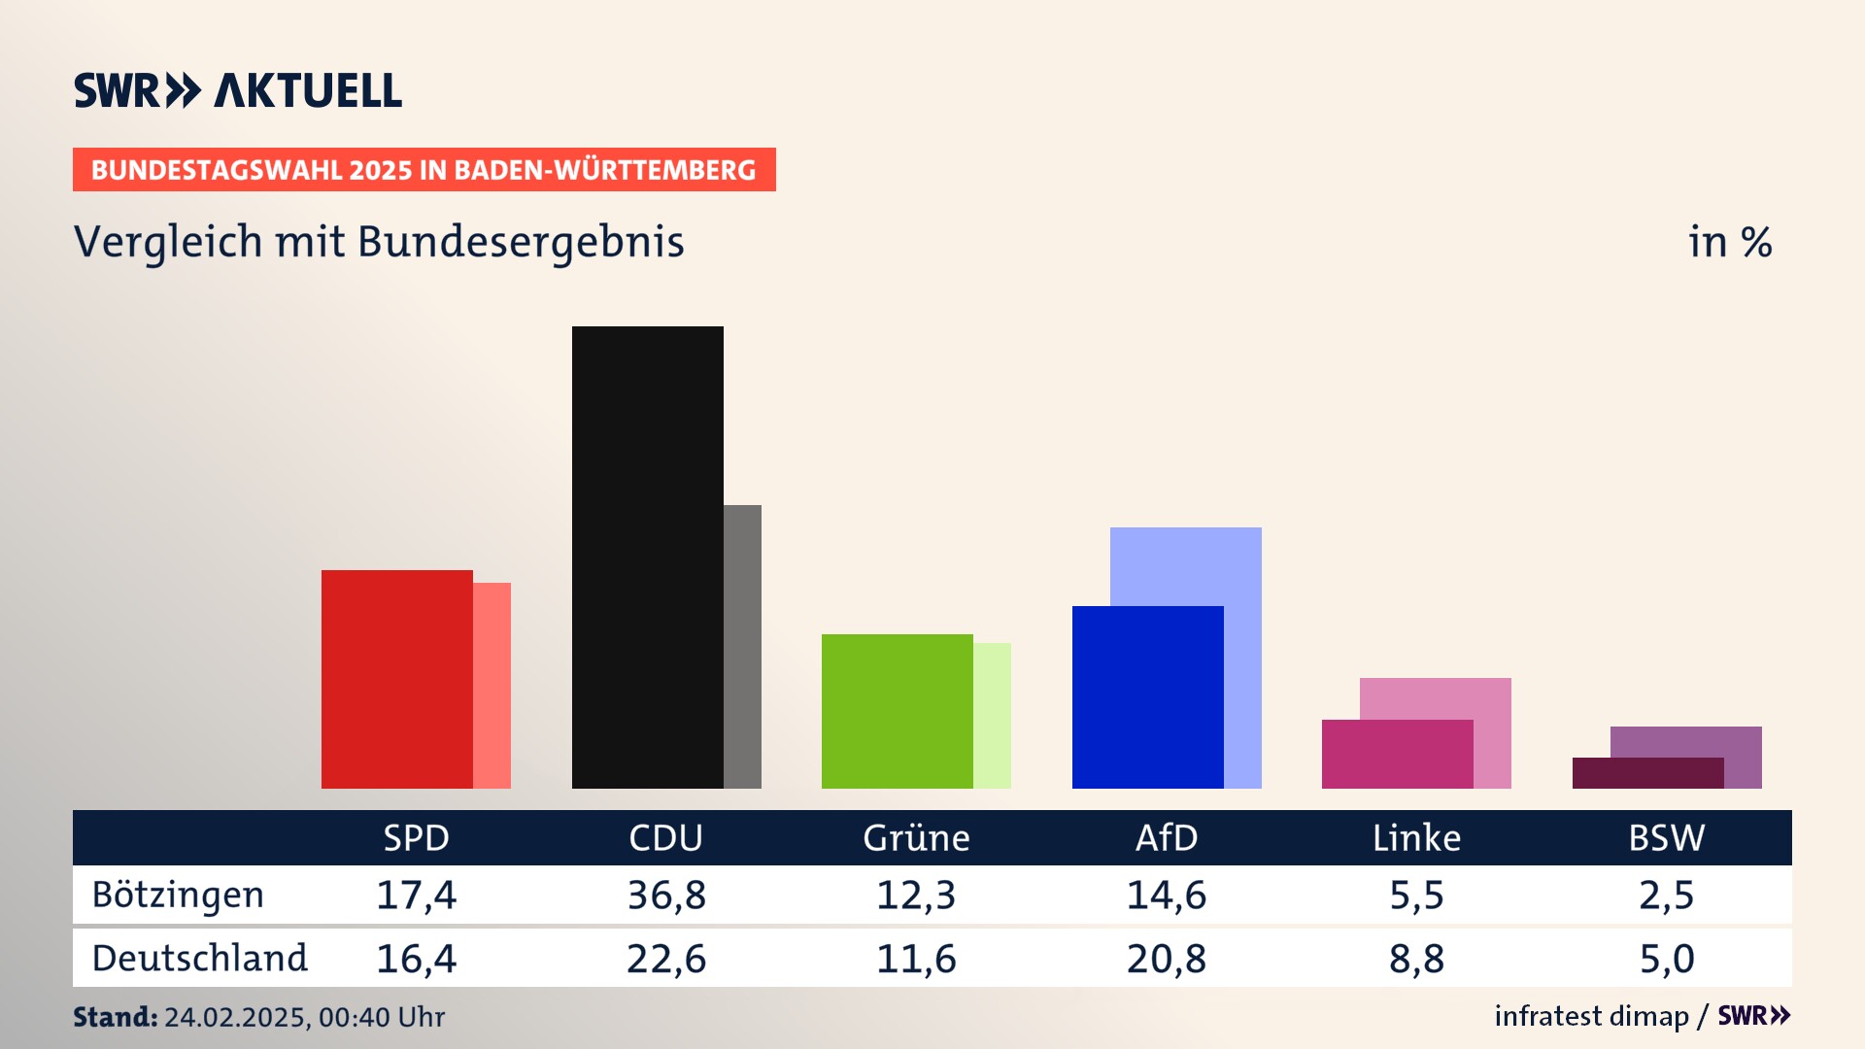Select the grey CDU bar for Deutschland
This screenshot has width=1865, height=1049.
tap(743, 646)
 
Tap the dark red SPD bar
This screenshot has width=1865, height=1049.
tap(396, 679)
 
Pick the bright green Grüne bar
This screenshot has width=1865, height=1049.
tap(897, 711)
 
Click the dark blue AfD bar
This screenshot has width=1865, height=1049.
tap(1147, 696)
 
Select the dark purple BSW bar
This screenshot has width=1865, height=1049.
tap(1647, 773)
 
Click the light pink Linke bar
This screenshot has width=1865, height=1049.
tap(1436, 697)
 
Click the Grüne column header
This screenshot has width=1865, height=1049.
tap(916, 837)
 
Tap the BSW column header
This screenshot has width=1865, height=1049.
tap(1666, 837)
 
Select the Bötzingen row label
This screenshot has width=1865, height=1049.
tap(178, 895)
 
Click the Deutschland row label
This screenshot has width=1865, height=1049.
tap(199, 959)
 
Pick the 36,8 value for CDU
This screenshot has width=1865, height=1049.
tap(666, 895)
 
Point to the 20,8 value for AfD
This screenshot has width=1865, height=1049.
tap(1166, 959)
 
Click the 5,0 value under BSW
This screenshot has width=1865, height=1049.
tap(1666, 959)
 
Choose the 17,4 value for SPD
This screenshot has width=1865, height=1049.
tap(416, 895)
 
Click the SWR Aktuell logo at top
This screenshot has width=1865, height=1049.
tap(238, 90)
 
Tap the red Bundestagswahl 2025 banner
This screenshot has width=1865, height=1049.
tap(424, 170)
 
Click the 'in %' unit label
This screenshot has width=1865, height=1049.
tap(1729, 242)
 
